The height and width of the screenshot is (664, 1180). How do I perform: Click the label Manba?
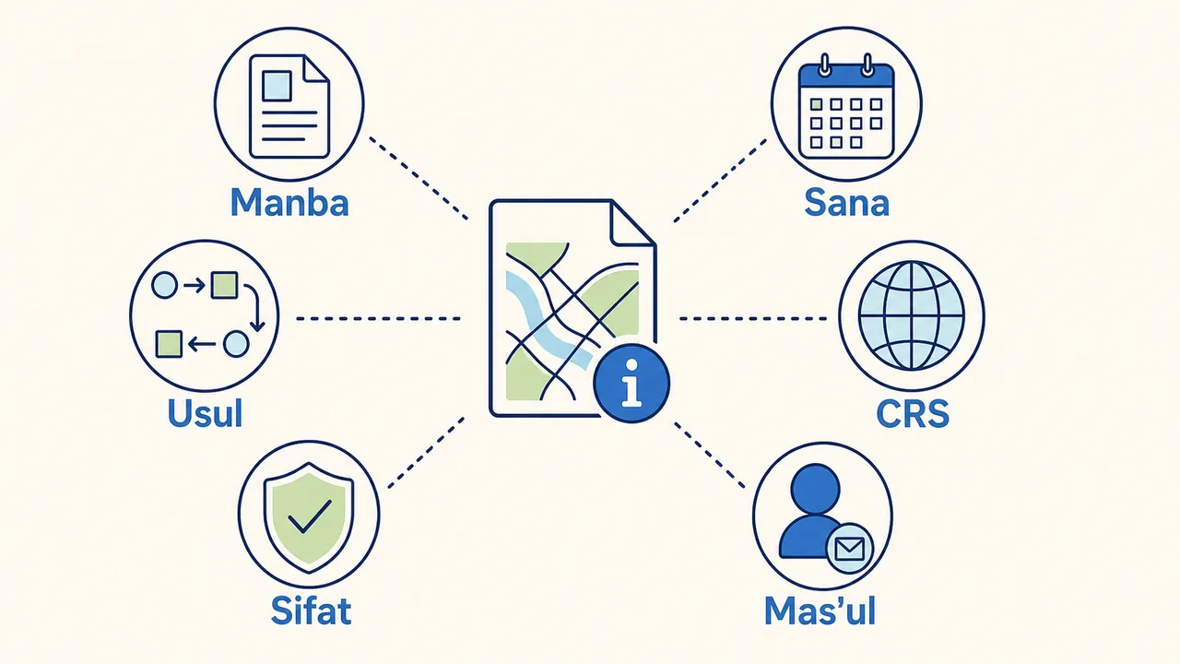[x=289, y=202]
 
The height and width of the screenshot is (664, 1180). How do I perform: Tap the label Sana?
[x=847, y=202]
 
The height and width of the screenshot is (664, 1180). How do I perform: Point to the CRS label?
[x=913, y=414]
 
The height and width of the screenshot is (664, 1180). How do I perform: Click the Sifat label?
[x=311, y=611]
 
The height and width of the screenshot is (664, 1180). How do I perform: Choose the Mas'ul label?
[x=820, y=611]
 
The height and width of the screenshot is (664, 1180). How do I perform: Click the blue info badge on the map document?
[x=631, y=383]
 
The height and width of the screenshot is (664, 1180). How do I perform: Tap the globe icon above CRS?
[x=912, y=315]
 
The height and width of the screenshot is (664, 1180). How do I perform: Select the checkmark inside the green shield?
[x=310, y=516]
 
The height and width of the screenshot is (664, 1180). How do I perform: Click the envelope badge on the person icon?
[x=849, y=549]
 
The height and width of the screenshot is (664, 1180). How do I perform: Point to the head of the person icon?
[x=816, y=488]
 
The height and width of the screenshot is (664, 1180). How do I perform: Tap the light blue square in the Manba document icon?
[x=277, y=86]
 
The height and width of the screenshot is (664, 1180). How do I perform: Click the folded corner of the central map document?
[x=632, y=223]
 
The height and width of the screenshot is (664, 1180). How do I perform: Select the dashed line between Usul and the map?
[x=378, y=318]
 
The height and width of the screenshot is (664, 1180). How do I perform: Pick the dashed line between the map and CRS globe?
[x=753, y=318]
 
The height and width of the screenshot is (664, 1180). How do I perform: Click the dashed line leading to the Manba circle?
[x=419, y=178]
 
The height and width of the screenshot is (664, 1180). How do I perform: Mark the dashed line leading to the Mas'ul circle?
[x=709, y=455]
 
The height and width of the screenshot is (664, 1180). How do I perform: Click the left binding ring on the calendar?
[x=825, y=65]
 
